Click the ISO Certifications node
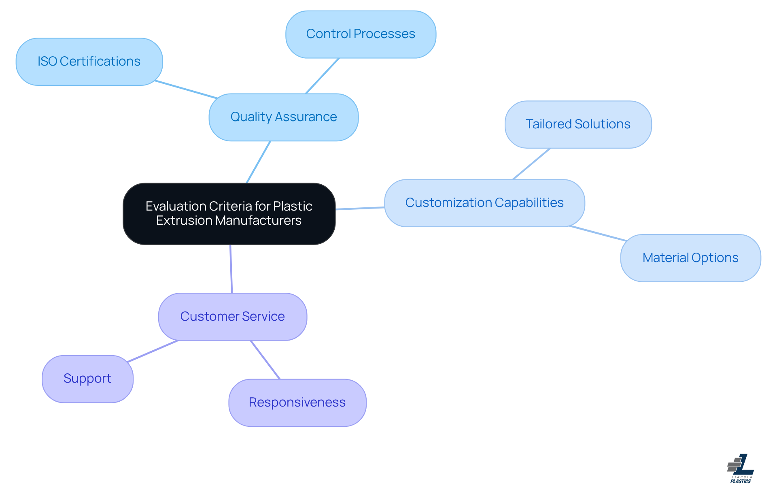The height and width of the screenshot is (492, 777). click(x=89, y=62)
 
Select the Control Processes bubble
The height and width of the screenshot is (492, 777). click(x=361, y=34)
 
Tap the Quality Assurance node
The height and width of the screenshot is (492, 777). click(x=283, y=117)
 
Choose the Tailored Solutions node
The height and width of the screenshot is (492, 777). click(x=578, y=124)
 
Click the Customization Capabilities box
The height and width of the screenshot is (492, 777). click(x=484, y=203)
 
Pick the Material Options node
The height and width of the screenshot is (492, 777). click(x=690, y=258)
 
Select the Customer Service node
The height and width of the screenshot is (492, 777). click(x=232, y=317)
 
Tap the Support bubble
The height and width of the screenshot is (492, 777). click(x=87, y=379)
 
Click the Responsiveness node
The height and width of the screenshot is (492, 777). click(x=297, y=403)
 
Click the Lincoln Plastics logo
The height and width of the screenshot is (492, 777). click(x=741, y=469)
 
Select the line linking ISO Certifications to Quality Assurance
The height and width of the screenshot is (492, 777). click(x=186, y=89)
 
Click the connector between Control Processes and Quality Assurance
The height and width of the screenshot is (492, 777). click(x=322, y=76)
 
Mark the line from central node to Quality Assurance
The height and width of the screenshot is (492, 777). click(x=258, y=162)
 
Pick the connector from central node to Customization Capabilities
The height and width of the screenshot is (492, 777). click(x=360, y=208)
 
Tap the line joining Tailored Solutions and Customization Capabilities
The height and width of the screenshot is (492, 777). click(x=531, y=164)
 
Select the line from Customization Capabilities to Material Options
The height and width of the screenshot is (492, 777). click(x=598, y=233)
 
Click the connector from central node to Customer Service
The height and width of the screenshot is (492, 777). click(x=231, y=269)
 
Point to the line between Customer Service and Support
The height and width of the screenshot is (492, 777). click(x=153, y=351)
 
